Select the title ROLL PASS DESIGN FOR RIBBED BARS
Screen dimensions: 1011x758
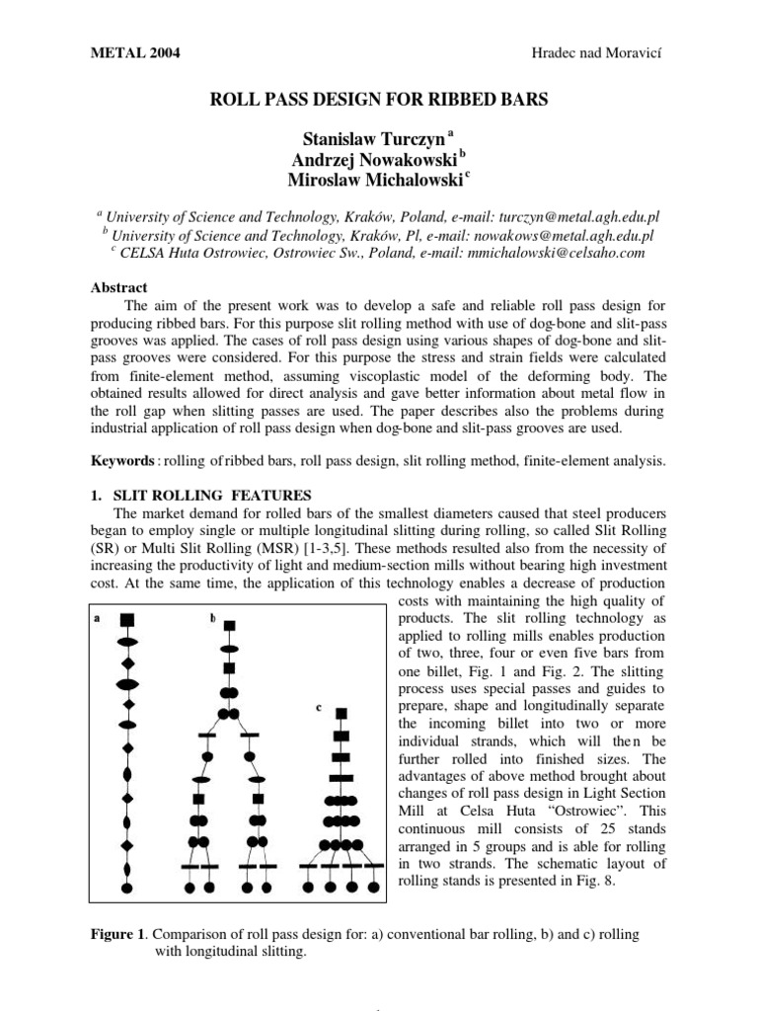pos(379,100)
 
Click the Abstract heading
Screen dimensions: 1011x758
pos(118,287)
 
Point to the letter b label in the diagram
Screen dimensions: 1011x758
pos(212,618)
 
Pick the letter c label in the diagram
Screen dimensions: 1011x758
pos(320,707)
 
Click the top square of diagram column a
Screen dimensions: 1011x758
pos(127,620)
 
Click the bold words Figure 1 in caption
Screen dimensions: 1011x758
pos(117,931)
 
